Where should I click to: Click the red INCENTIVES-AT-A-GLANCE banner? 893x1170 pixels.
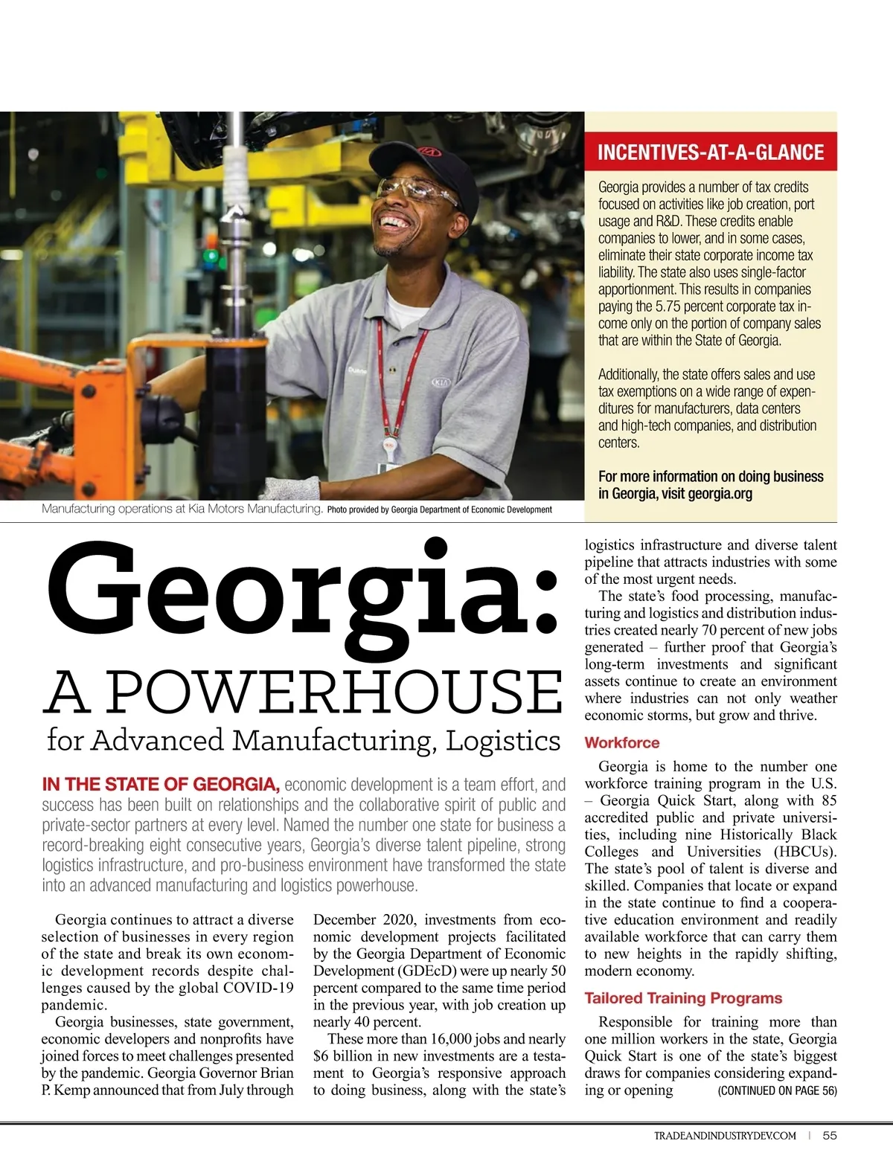[x=711, y=152]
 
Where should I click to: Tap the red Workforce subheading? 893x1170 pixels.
[x=622, y=742]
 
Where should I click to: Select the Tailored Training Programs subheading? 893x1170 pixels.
[x=683, y=998]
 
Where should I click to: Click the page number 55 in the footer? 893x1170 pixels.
[x=830, y=1135]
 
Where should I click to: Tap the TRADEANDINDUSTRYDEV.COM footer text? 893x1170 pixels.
[x=725, y=1136]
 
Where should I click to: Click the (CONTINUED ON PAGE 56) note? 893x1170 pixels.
[x=777, y=1090]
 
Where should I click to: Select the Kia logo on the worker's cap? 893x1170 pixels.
[x=429, y=152]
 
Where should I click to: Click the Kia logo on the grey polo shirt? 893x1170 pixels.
[x=442, y=383]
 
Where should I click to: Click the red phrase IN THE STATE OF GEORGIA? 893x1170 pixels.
[x=161, y=784]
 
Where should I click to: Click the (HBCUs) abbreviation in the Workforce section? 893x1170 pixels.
[x=805, y=852]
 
